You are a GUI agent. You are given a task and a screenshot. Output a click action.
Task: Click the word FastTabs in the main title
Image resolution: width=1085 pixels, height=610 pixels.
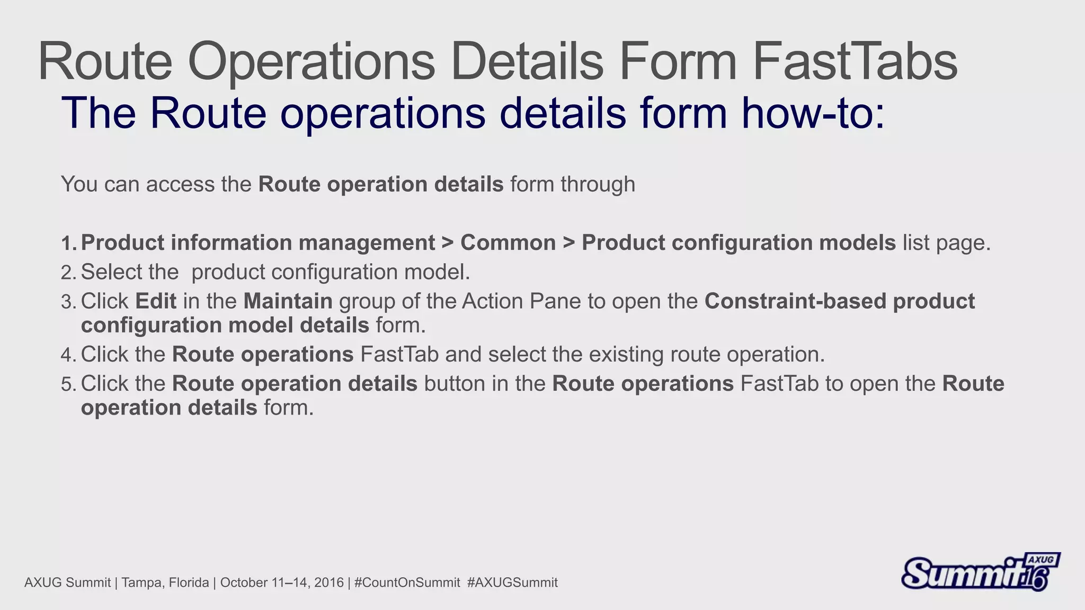click(x=855, y=62)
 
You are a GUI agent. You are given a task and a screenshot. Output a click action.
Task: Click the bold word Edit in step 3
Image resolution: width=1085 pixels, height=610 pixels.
click(x=156, y=301)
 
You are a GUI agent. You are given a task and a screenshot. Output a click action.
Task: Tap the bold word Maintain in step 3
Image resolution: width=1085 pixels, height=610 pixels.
click(x=288, y=301)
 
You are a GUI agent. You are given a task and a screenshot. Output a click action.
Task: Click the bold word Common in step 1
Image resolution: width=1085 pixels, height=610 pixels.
click(x=508, y=243)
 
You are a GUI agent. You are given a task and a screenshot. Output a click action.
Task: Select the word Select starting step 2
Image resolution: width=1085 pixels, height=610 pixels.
click(x=111, y=272)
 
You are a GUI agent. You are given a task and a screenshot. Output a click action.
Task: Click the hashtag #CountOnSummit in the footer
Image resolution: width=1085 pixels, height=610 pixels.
click(x=407, y=583)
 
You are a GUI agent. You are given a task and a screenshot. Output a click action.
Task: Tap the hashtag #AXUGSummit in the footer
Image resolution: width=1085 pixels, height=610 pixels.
click(x=512, y=583)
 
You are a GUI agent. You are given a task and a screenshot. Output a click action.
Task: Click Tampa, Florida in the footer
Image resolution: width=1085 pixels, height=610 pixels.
click(x=165, y=583)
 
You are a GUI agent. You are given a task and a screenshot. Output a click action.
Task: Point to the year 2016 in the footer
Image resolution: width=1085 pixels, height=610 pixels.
click(x=329, y=583)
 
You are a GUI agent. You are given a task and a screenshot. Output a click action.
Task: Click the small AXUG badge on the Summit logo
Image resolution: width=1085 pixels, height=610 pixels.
click(x=1041, y=560)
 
